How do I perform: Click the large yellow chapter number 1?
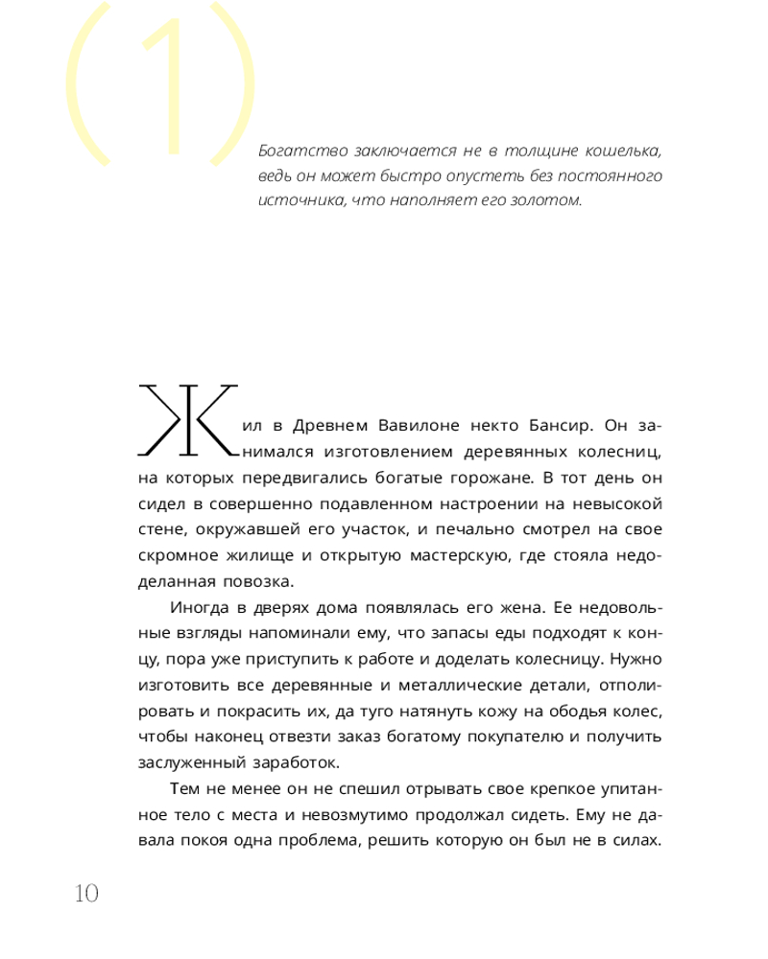[161, 86]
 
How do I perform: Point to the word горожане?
[488, 477]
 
